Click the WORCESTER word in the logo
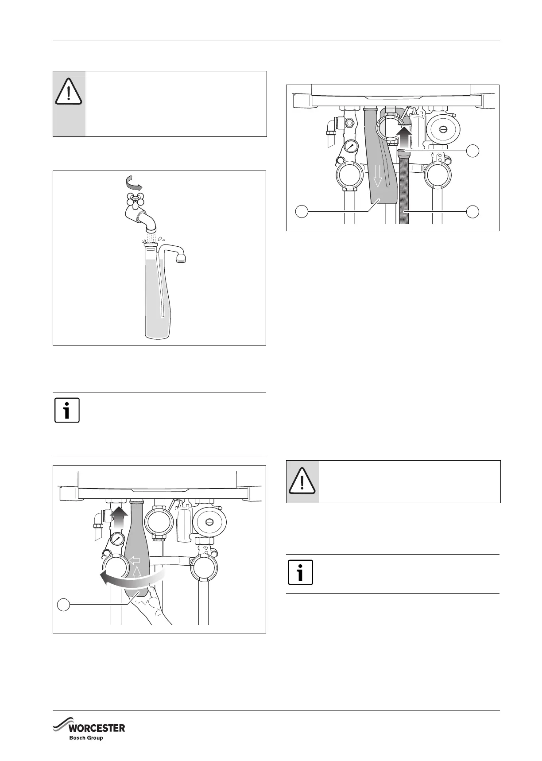pos(96,728)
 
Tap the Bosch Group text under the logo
pos(86,738)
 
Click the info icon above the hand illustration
pos(67,410)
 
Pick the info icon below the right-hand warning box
pos(300,572)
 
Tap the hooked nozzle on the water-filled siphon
pos(180,257)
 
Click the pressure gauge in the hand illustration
pos(117,539)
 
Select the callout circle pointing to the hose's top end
pos(473,151)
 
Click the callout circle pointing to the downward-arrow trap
pos(302,212)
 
